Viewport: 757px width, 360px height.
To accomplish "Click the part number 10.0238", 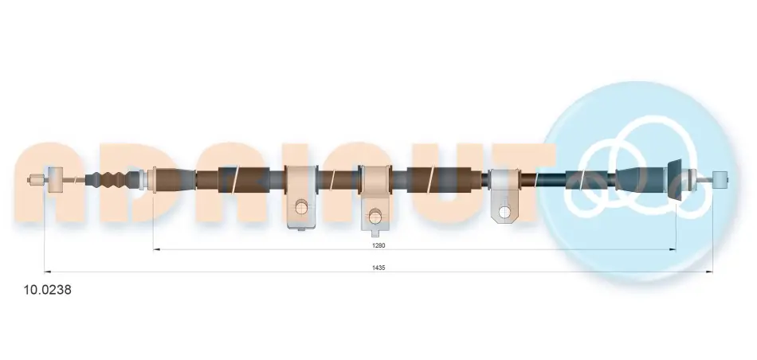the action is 48,290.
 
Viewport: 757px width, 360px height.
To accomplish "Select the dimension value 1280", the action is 378,245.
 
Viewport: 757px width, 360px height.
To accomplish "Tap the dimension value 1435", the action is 379,268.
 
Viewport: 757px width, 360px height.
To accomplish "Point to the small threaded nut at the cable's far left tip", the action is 36,179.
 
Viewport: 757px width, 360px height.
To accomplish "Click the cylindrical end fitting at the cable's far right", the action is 720,179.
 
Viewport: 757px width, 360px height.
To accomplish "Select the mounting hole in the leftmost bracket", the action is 301,207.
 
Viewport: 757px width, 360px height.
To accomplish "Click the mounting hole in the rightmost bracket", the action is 504,211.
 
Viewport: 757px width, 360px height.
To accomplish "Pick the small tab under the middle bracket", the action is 375,233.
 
